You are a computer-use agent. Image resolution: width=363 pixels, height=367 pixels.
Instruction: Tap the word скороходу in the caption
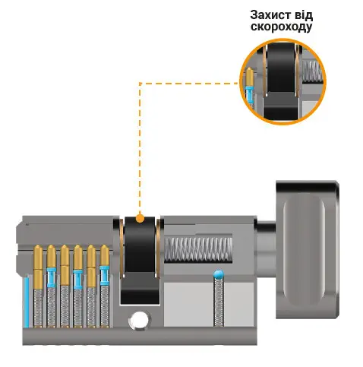coord(281,27)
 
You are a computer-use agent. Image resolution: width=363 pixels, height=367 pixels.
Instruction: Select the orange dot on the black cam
coord(140,218)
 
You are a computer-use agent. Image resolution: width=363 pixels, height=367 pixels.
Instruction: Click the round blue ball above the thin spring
coord(219,274)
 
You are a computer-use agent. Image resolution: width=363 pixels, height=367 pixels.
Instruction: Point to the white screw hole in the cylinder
coord(139,320)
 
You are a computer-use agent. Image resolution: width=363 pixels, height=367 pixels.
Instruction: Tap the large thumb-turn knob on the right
coord(308,249)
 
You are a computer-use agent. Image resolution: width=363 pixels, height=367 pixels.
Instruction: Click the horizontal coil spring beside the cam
coord(198,249)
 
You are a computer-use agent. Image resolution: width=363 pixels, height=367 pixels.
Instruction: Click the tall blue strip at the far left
coord(26,302)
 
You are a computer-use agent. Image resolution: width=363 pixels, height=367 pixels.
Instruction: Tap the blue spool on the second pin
coord(52,277)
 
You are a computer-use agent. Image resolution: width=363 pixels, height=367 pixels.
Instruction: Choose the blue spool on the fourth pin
coord(78,279)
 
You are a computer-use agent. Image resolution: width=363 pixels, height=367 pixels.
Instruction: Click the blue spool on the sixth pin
coord(105,275)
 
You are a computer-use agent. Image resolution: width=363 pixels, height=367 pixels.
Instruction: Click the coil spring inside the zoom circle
coord(312,71)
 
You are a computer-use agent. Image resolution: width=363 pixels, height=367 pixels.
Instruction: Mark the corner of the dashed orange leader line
coord(140,83)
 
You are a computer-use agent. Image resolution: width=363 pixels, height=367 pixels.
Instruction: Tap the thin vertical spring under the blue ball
coord(219,302)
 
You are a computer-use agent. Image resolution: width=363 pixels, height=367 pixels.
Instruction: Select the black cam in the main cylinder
coord(140,260)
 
